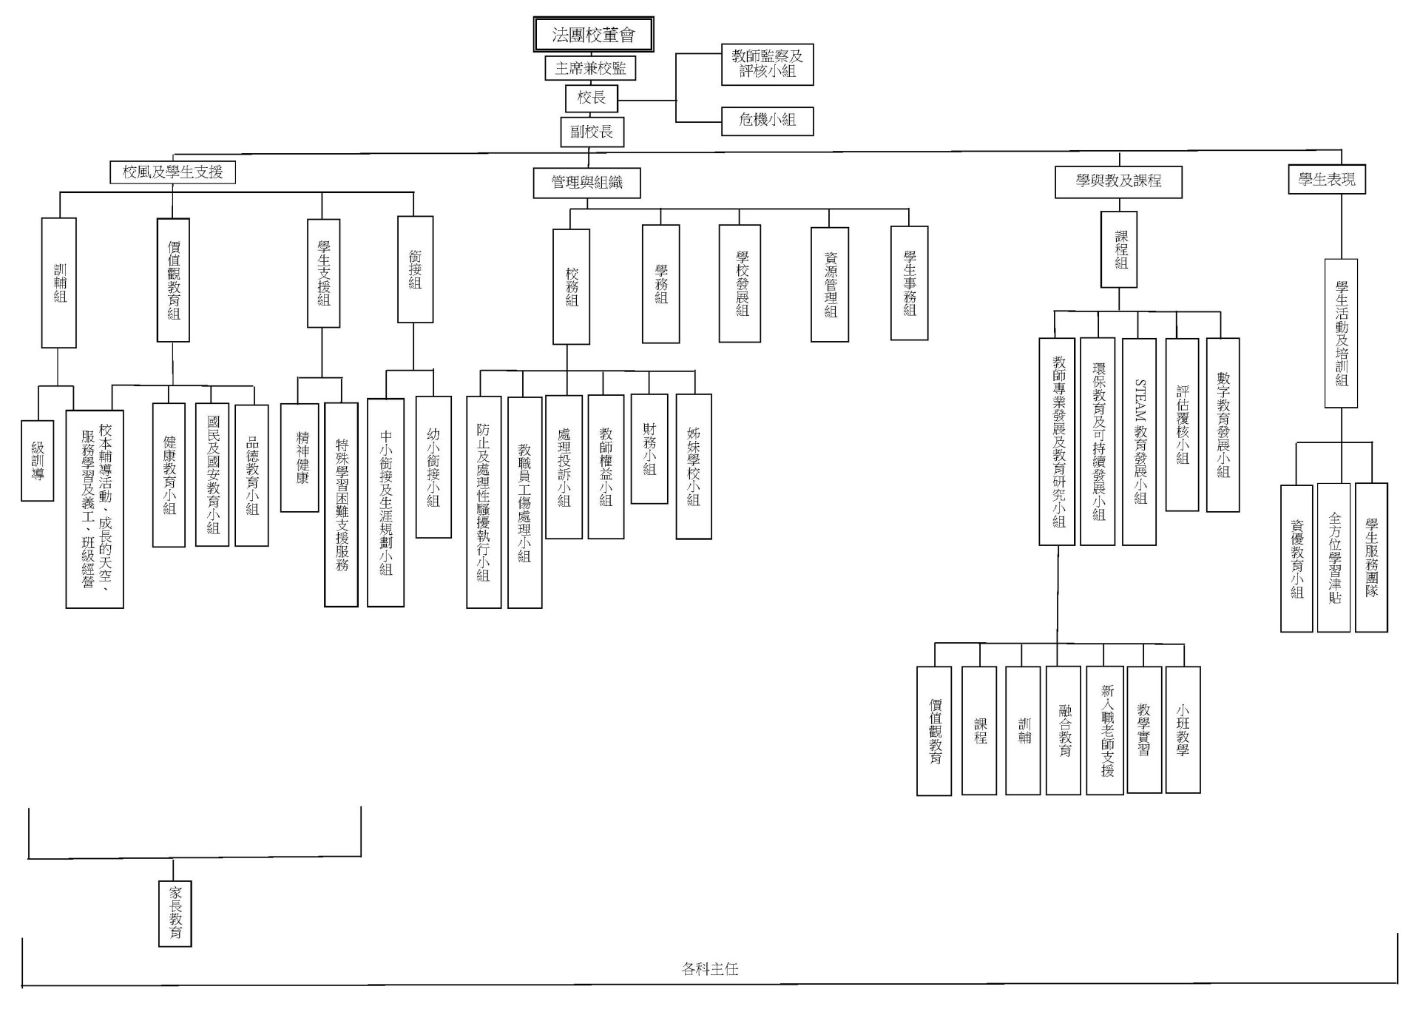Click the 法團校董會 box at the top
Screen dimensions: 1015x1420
coord(593,35)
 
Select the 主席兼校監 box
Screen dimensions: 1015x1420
coord(590,69)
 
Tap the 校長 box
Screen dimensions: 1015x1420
coord(591,98)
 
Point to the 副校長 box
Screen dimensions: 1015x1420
coord(592,132)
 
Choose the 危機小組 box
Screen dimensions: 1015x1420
coord(767,121)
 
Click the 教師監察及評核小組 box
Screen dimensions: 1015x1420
coord(767,64)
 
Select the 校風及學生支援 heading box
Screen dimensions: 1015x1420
coord(172,172)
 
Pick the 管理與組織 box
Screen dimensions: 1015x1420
coord(586,183)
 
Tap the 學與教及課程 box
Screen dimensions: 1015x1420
coord(1118,181)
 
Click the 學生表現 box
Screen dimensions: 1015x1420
coord(1327,179)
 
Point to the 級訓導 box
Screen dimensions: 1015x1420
coord(38,460)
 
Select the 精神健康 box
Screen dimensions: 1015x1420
coord(300,457)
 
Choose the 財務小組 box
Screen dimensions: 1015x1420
coord(649,448)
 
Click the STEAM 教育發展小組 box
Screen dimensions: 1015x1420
coord(1139,442)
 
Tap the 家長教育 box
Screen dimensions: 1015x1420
coord(175,913)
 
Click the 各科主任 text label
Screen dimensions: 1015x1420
coord(710,968)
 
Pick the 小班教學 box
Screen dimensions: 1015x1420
coord(1183,729)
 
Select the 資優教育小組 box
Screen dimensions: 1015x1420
coord(1296,558)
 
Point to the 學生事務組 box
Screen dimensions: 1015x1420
coord(909,283)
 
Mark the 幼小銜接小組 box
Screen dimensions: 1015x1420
coord(433,467)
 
